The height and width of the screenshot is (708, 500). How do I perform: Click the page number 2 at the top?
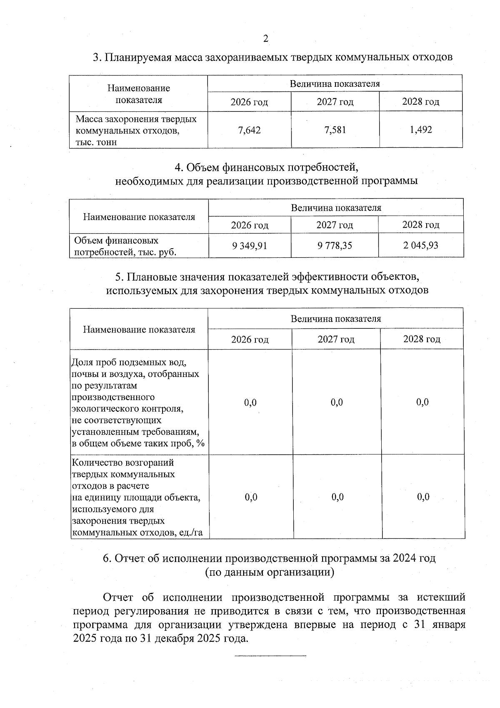click(x=266, y=39)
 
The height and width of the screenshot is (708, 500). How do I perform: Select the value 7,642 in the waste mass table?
click(x=249, y=130)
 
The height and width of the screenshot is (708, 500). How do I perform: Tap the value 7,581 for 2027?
click(x=335, y=130)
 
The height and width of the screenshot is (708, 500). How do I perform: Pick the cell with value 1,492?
click(x=421, y=130)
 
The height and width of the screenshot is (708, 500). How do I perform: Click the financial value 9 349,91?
click(x=250, y=246)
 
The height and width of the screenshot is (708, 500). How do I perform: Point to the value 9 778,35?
click(x=335, y=246)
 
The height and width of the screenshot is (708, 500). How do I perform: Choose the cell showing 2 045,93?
click(x=420, y=245)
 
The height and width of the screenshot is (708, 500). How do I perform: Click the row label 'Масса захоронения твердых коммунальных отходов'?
click(x=136, y=130)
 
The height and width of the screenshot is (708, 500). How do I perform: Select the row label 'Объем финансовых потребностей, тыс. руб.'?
click(x=125, y=246)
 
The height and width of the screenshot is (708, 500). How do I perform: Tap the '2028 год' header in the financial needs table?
click(x=420, y=225)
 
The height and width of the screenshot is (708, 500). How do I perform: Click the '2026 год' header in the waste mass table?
click(x=249, y=102)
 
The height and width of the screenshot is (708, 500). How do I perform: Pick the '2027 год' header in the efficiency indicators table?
click(x=336, y=339)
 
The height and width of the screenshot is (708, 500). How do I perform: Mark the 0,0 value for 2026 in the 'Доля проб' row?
click(x=250, y=403)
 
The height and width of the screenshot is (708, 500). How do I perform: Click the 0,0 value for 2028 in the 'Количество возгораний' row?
click(x=423, y=497)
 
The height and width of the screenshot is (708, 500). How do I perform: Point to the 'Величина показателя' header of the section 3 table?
click(x=335, y=83)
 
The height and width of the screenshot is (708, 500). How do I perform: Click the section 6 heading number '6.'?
click(x=107, y=558)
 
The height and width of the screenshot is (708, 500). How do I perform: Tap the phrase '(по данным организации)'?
click(x=270, y=572)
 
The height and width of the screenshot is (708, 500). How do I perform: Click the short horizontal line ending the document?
click(x=270, y=656)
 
